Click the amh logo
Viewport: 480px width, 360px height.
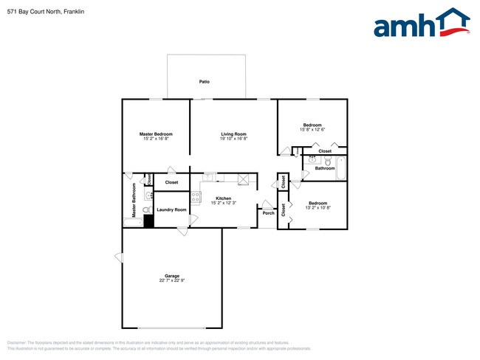pyautogui.click(x=421, y=24)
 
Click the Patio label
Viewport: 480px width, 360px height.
pyautogui.click(x=205, y=82)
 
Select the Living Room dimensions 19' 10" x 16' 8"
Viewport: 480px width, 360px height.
pyautogui.click(x=233, y=139)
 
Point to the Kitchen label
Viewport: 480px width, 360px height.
pyautogui.click(x=224, y=198)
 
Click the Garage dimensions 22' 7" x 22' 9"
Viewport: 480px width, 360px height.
pyautogui.click(x=171, y=281)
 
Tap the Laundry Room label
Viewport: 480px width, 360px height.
pyautogui.click(x=171, y=209)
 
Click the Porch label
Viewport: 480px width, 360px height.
pyautogui.click(x=268, y=213)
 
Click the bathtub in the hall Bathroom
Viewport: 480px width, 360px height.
pyautogui.click(x=341, y=167)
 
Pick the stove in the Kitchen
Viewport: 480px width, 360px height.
pyautogui.click(x=196, y=197)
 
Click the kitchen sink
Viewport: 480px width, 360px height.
pyautogui.click(x=210, y=177)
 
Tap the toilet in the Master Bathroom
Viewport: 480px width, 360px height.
pyautogui.click(x=146, y=210)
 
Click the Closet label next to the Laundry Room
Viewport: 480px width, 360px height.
pyautogui.click(x=171, y=182)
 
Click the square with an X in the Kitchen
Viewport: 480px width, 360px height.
pyautogui.click(x=244, y=179)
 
